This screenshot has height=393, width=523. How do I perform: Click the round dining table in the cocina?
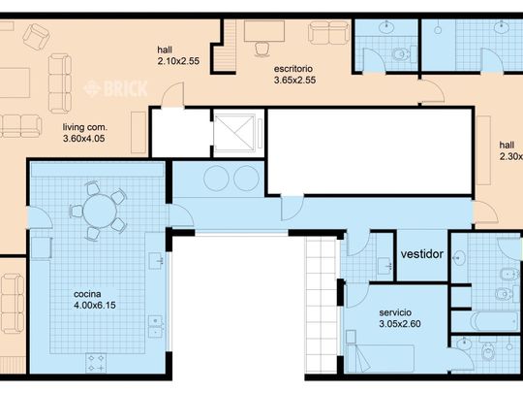pyautogui.click(x=100, y=212)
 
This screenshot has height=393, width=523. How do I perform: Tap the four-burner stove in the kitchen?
pyautogui.click(x=96, y=363)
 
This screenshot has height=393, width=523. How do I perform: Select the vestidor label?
pyautogui.click(x=422, y=254)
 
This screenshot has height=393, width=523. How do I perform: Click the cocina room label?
pyautogui.click(x=87, y=294)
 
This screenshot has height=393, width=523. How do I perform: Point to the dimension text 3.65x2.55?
pyautogui.click(x=294, y=81)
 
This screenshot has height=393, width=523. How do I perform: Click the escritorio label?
pyautogui.click(x=293, y=69)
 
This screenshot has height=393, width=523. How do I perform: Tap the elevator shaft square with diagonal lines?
pyautogui.click(x=234, y=133)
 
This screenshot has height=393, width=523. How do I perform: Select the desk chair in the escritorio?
pyautogui.click(x=262, y=49)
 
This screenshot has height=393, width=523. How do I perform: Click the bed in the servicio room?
pyautogui.click(x=381, y=359)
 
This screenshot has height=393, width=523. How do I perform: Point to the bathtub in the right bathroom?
pyautogui.click(x=495, y=321)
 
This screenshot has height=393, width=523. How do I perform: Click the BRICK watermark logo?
pyautogui.click(x=115, y=89)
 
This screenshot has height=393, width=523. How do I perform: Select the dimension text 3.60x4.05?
pyautogui.click(x=84, y=139)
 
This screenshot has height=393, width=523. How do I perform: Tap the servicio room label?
pyautogui.click(x=395, y=312)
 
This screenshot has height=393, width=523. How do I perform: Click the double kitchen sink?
pyautogui.click(x=155, y=326)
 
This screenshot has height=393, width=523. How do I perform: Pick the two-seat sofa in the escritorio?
pyautogui.click(x=329, y=32)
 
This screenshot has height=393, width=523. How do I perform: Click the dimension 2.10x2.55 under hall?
pyautogui.click(x=178, y=61)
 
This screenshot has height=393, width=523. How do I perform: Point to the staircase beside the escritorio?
pyautogui.click(x=225, y=46)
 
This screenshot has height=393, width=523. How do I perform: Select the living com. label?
pyautogui.click(x=85, y=127)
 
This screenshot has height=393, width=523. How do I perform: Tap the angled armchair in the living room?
pyautogui.click(x=37, y=37)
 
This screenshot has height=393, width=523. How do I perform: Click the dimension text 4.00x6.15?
pyautogui.click(x=95, y=305)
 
